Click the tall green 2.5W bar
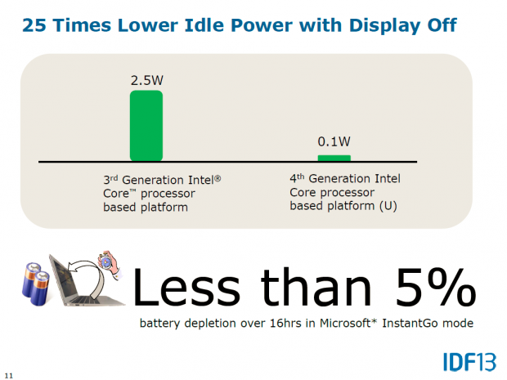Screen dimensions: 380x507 pos(146,125)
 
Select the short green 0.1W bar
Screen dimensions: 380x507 pos(334,157)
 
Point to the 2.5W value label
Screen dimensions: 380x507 pos(146,81)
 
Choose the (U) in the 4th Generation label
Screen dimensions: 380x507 pos(388,205)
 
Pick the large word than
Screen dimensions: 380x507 pos(310,287)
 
